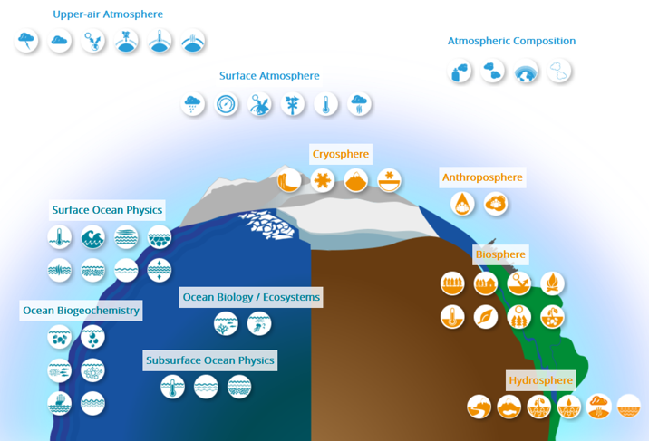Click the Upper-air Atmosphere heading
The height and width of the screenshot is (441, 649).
click(108, 14)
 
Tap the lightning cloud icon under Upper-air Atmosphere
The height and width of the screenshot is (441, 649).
click(26, 41)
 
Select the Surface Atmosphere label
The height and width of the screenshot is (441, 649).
click(269, 76)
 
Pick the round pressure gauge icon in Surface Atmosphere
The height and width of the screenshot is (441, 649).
click(226, 104)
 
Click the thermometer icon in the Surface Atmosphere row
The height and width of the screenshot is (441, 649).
click(325, 104)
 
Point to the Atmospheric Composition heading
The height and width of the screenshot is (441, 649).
click(511, 41)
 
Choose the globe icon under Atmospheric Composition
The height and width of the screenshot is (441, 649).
click(526, 71)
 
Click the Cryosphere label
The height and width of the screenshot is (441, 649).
click(341, 154)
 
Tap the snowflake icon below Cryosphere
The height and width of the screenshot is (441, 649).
click(323, 180)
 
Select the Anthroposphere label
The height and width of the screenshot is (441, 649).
click(482, 177)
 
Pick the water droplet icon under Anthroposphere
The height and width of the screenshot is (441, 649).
click(462, 204)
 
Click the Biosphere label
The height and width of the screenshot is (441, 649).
click(500, 254)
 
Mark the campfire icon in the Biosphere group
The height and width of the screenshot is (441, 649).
click(552, 283)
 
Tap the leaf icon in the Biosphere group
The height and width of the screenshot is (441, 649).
click(486, 317)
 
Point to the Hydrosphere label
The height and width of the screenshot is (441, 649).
click(540, 380)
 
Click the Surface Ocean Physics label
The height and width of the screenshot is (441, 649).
click(107, 210)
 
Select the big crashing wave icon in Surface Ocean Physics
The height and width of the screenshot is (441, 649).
click(92, 237)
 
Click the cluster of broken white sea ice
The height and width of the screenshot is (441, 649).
click(268, 225)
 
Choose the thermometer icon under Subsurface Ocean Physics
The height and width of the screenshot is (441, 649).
click(172, 387)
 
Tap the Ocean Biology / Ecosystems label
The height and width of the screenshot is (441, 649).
click(251, 297)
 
